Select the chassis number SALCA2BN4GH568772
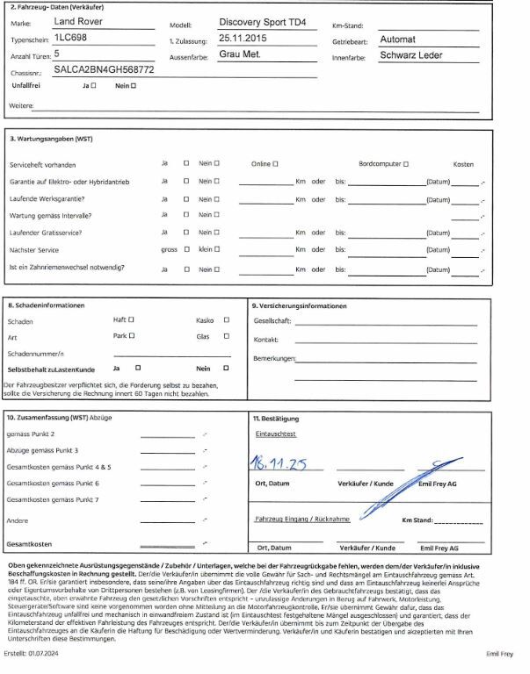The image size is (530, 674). (x=104, y=68)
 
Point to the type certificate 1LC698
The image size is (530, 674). (x=70, y=39)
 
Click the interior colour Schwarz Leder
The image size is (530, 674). (x=411, y=54)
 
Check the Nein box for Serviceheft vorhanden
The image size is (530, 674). (x=216, y=164)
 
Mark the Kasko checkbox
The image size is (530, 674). (x=227, y=320)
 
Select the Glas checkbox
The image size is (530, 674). (x=227, y=336)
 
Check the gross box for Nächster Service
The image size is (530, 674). (x=186, y=249)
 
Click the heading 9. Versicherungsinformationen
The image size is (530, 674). (x=298, y=306)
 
